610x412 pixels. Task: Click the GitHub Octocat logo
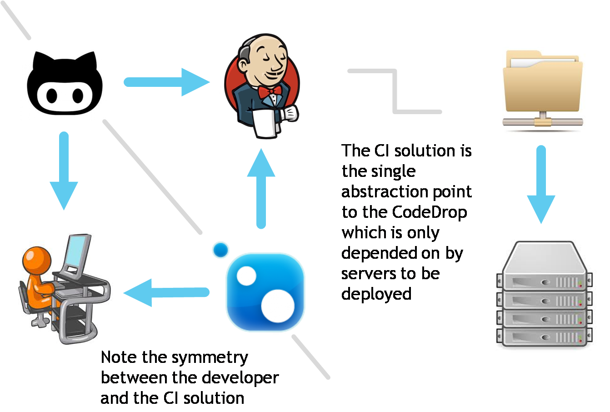[x=65, y=83]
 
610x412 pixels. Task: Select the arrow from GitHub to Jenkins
[x=166, y=82]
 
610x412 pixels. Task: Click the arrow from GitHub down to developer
[x=64, y=171]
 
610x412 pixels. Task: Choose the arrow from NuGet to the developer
[x=166, y=292]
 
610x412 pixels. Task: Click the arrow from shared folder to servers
[x=541, y=184]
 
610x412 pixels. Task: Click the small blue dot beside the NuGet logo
[x=221, y=250]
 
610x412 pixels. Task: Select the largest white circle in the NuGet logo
[x=278, y=304]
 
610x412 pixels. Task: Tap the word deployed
[x=376, y=294]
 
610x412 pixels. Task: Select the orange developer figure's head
[x=37, y=260]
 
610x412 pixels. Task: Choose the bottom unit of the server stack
[x=543, y=337]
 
